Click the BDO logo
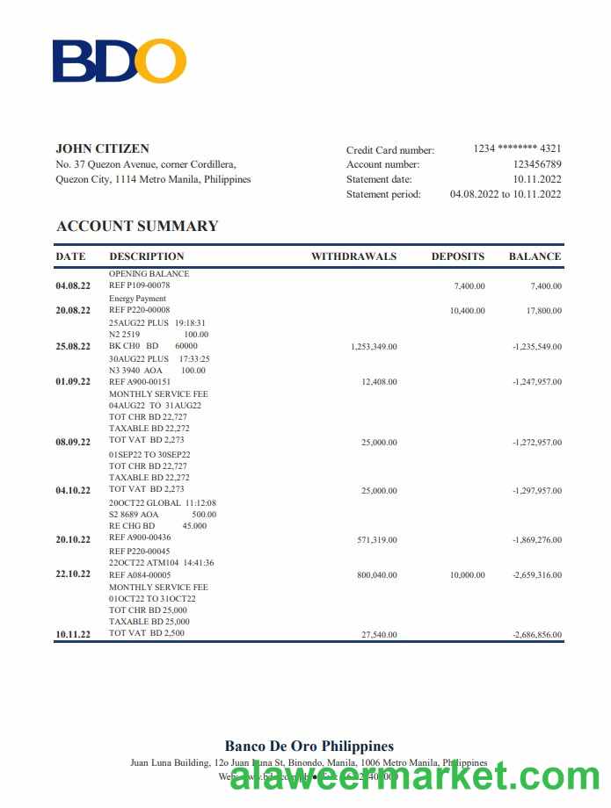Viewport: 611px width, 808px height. tap(120, 61)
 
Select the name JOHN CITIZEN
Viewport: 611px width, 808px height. tap(102, 148)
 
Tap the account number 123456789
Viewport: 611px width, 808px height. tap(537, 164)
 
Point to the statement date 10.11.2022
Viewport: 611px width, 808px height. tap(537, 179)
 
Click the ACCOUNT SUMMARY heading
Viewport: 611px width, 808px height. tap(137, 226)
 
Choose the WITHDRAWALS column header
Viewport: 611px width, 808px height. tap(353, 256)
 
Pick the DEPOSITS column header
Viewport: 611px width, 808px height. tap(457, 256)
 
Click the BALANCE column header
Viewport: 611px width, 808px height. tap(535, 256)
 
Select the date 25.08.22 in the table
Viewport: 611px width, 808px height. tap(73, 346)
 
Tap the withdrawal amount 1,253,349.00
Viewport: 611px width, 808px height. tap(374, 347)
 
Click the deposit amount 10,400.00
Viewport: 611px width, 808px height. tap(467, 311)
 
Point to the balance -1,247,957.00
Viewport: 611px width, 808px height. tap(536, 382)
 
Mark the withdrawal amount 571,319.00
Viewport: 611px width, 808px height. tap(376, 540)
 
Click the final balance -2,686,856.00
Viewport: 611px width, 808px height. tap(536, 635)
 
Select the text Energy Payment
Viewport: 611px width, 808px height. tap(137, 299)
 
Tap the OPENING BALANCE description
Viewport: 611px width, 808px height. tap(149, 274)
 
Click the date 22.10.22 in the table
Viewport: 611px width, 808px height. tap(73, 574)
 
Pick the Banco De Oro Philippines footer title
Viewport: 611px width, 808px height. tap(309, 747)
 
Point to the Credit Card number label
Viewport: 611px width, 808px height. tap(389, 150)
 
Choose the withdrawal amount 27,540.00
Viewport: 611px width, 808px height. tap(379, 635)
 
